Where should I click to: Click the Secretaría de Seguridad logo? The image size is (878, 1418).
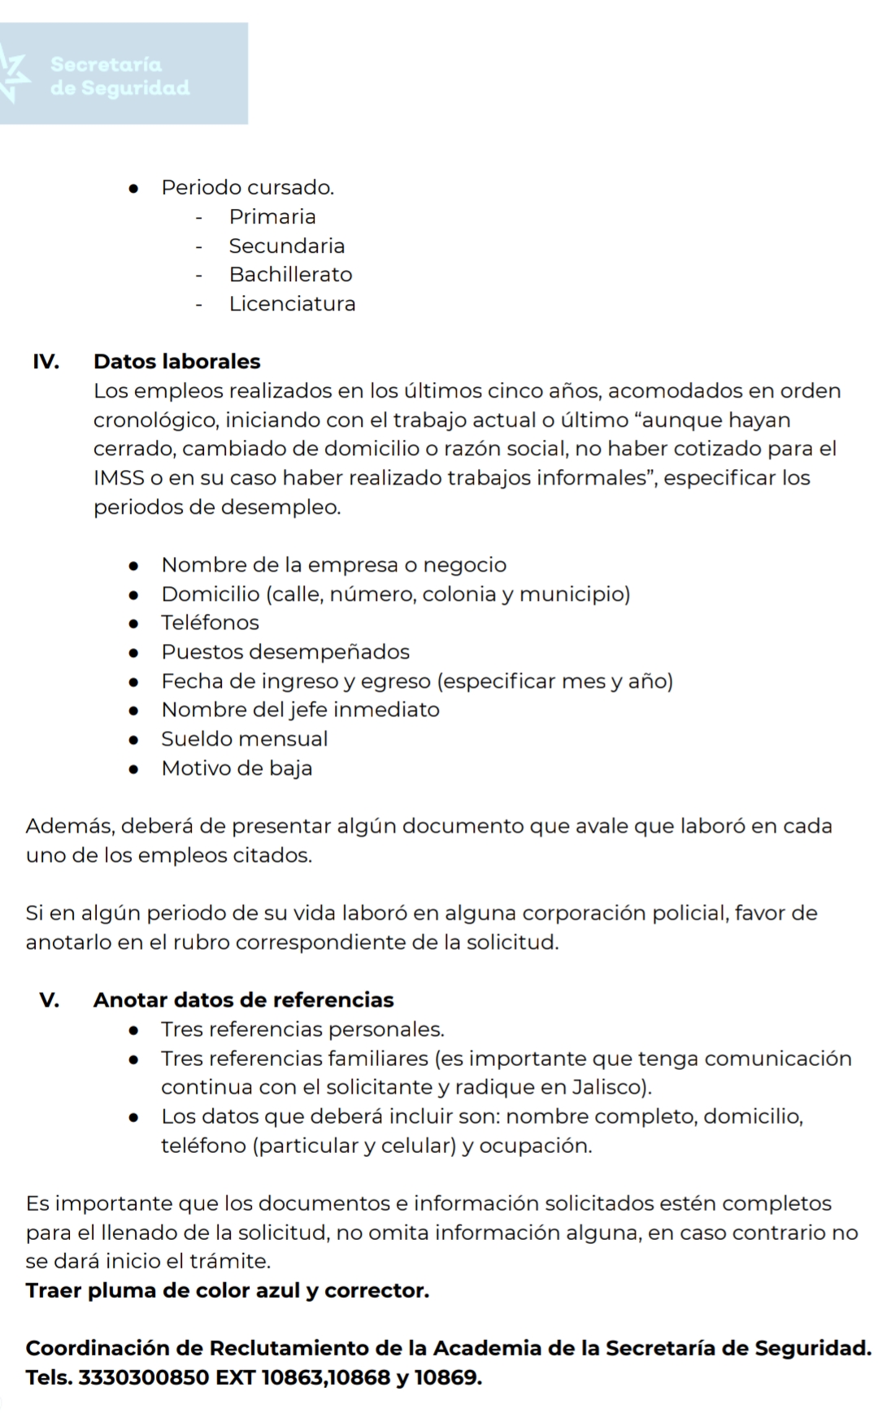point(122,75)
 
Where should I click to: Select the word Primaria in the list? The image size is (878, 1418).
point(272,217)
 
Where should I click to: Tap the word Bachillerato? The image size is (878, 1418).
point(290,275)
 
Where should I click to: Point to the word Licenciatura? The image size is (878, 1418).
point(292,304)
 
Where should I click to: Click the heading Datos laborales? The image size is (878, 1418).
point(176,362)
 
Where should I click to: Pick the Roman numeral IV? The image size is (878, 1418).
point(46,362)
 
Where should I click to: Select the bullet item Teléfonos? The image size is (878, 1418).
point(210,623)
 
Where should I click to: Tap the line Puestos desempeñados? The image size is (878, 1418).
point(285,652)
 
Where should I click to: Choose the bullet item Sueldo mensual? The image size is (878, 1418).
point(244,739)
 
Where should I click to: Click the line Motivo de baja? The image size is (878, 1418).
point(237,768)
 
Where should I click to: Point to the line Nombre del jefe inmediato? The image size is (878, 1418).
point(300,710)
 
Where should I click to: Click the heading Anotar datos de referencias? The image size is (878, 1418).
point(243,1000)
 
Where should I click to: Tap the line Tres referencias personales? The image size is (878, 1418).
point(302,1029)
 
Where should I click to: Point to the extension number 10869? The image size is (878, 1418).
point(447,1378)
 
